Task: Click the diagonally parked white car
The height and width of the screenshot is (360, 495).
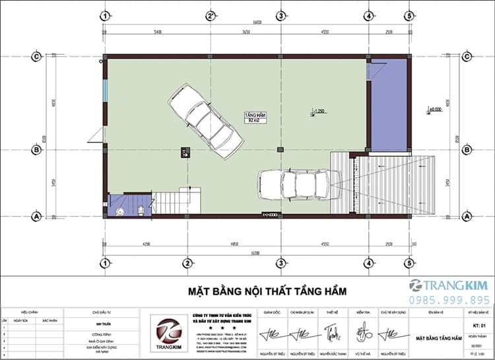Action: (205, 116)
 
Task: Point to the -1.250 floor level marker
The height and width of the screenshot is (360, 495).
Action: (319, 110)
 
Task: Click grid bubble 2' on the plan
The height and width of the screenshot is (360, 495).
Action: (210, 16)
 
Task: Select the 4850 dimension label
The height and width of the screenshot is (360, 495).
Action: (234, 243)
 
